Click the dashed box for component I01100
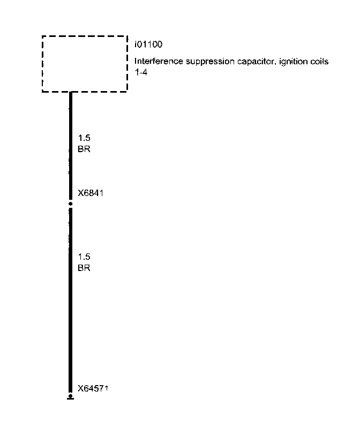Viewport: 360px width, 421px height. (85, 64)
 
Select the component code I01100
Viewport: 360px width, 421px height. (148, 44)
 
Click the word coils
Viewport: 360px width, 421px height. (319, 62)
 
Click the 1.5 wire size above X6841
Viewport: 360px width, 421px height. (84, 139)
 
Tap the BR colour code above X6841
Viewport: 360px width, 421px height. (84, 149)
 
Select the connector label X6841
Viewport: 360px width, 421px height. (91, 193)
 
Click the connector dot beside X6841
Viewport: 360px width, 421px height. (70, 204)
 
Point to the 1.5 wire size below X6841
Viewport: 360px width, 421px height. (84, 257)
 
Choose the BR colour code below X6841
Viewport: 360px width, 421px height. (84, 268)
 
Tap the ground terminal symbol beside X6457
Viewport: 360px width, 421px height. (70, 397)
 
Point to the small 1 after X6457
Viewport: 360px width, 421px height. (107, 387)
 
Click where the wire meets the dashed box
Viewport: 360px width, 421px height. (70, 92)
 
